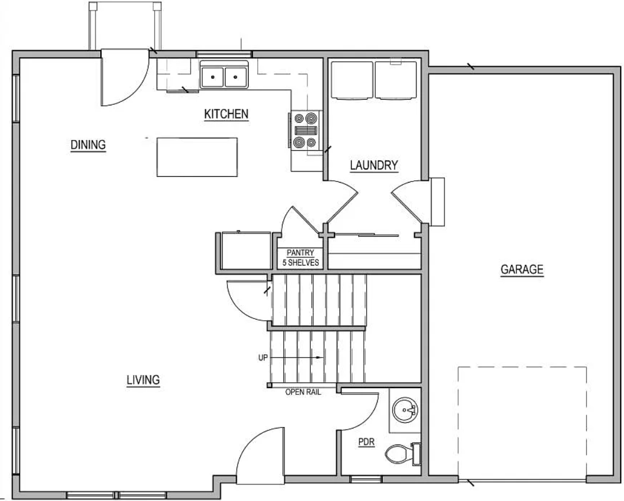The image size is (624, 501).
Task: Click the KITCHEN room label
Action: [x=226, y=114]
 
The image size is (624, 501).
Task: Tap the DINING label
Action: [x=88, y=145]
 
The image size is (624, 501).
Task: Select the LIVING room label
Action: [x=143, y=380]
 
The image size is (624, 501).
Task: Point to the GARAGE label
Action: [x=522, y=270]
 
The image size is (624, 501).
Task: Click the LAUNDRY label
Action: [x=374, y=165]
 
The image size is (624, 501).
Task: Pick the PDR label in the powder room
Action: [x=366, y=442]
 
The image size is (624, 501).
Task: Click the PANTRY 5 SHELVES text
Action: [x=300, y=257]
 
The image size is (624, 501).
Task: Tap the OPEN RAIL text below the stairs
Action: [x=303, y=392]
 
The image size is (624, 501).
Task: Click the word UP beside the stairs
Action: [x=263, y=358]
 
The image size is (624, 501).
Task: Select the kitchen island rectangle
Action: [x=197, y=157]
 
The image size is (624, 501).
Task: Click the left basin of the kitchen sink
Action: [x=212, y=77]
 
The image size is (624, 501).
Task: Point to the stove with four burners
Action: [x=306, y=130]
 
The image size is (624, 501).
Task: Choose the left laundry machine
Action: [x=352, y=79]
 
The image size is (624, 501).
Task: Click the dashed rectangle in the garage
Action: [x=522, y=422]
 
